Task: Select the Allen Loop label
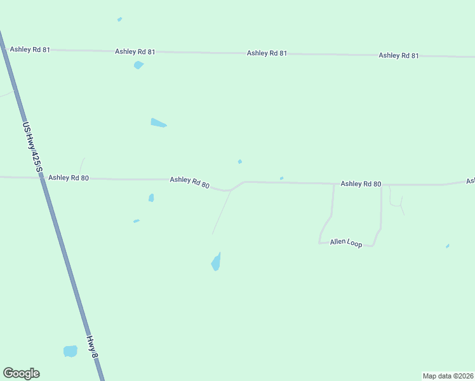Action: point(346,243)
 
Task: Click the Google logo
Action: point(21,373)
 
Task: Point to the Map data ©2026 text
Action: point(448,375)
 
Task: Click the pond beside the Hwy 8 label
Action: point(70,351)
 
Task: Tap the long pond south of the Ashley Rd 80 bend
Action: point(216,262)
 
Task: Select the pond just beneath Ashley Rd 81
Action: point(138,65)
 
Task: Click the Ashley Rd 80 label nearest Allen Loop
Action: point(361,184)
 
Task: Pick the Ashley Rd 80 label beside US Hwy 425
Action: point(69,178)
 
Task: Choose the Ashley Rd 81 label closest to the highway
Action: point(29,50)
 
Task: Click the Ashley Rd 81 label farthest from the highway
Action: point(399,56)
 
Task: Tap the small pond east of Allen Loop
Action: point(448,246)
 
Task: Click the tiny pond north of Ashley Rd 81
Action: point(119,19)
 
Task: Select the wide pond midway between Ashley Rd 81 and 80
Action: point(158,123)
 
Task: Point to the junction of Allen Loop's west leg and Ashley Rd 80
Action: point(334,185)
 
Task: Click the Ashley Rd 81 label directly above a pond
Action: point(135,51)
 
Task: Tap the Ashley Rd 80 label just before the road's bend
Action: point(189,182)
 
